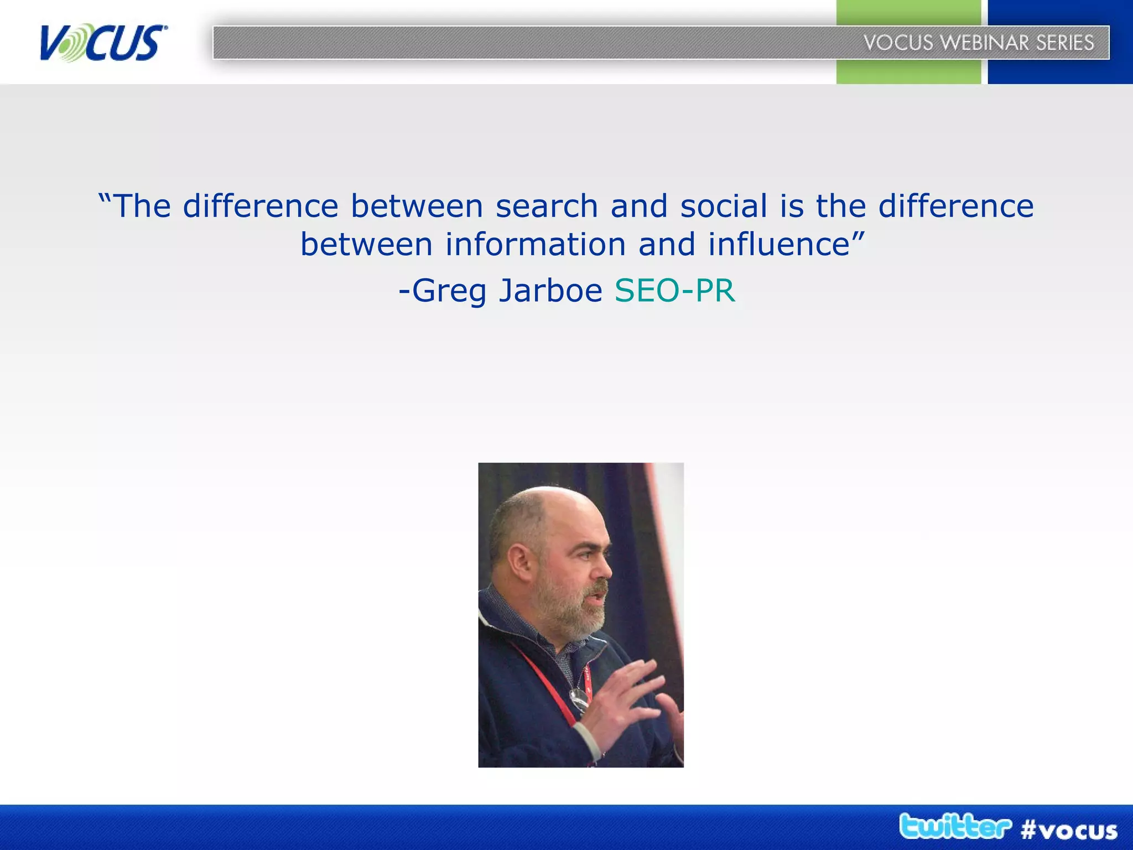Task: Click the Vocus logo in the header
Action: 103,43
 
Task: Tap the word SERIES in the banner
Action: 1064,43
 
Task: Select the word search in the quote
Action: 547,206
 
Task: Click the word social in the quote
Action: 723,206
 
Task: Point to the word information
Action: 536,245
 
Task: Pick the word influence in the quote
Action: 778,245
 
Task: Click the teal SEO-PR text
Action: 674,291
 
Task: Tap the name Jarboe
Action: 550,291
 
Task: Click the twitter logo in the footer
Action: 954,827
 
